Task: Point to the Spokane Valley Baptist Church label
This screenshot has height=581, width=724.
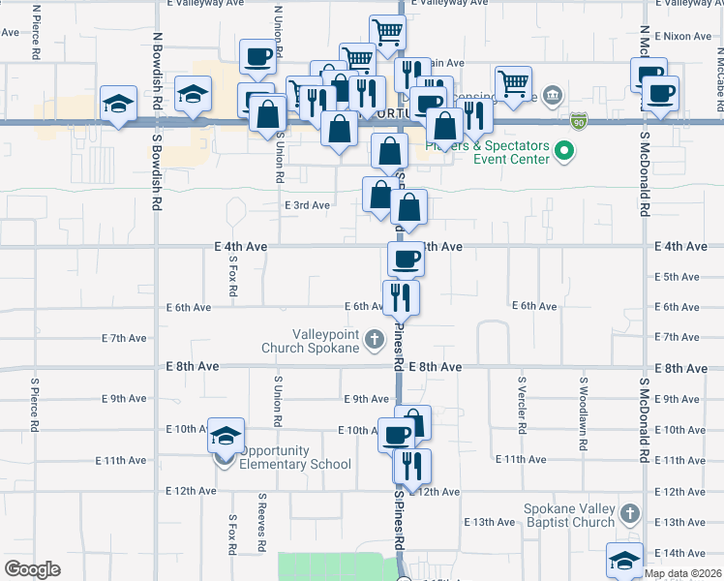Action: pyautogui.click(x=569, y=515)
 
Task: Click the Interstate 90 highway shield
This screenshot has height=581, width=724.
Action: pyautogui.click(x=578, y=121)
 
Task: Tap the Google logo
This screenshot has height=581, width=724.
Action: pyautogui.click(x=33, y=569)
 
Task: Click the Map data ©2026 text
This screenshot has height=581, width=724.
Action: pyautogui.click(x=682, y=573)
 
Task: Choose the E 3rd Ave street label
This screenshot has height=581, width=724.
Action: pyautogui.click(x=307, y=205)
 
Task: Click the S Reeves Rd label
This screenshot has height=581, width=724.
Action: pyautogui.click(x=261, y=523)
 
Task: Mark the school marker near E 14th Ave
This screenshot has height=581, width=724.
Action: pyautogui.click(x=624, y=560)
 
